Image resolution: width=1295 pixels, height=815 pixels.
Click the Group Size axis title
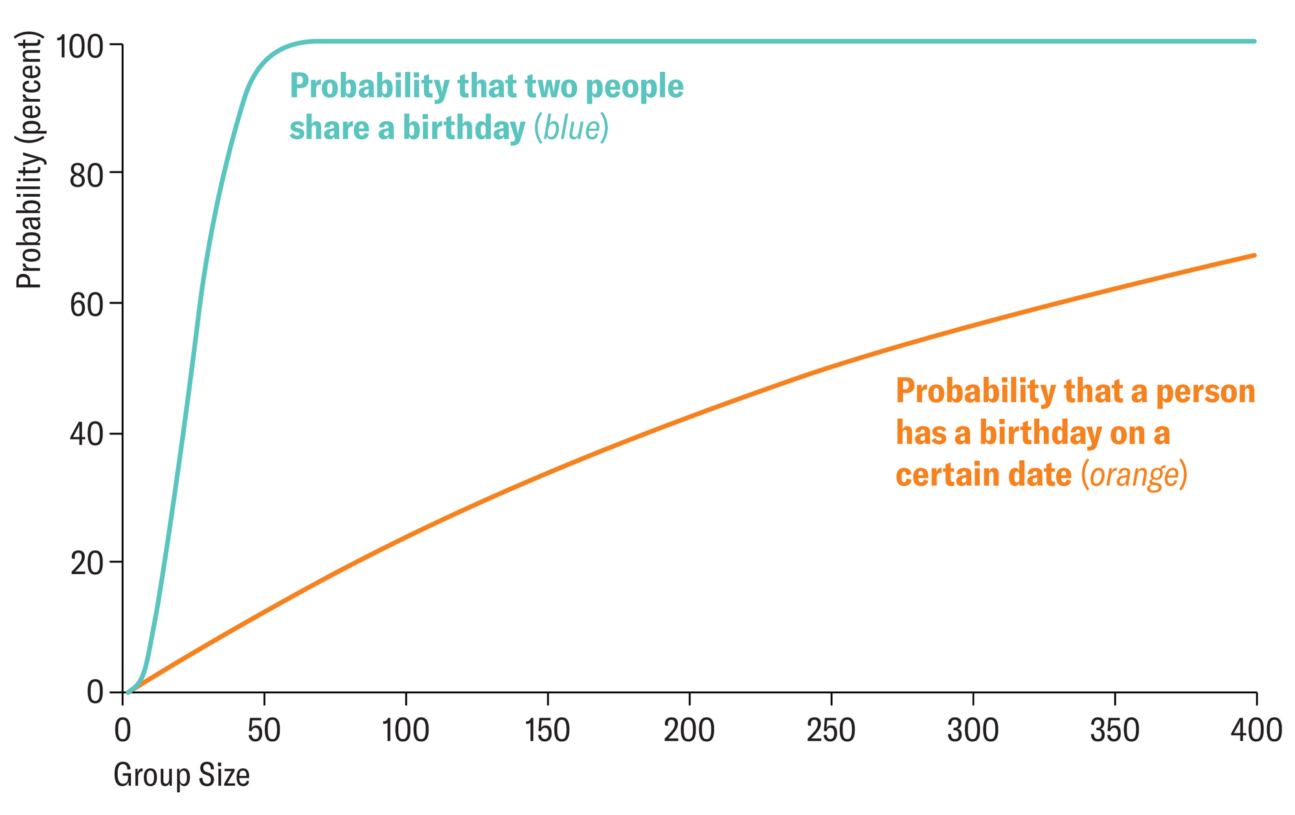[x=182, y=776]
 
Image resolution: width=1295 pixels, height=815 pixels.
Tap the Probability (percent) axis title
[x=28, y=161]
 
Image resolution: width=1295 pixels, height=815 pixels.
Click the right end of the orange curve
[x=1255, y=256]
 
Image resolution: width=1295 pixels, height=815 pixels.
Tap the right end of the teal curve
[x=1255, y=41]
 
